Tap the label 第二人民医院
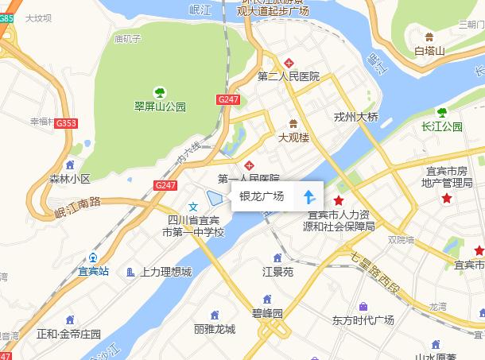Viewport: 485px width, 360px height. pyautogui.click(x=289, y=76)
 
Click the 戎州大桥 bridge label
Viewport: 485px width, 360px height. pyautogui.click(x=356, y=116)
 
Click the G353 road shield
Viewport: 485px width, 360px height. pyautogui.click(x=66, y=123)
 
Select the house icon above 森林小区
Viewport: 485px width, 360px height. pyautogui.click(x=71, y=165)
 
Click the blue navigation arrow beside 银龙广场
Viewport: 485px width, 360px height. pyautogui.click(x=309, y=197)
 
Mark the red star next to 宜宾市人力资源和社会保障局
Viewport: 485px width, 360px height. pyautogui.click(x=339, y=199)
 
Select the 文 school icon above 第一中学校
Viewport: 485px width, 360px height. pyautogui.click(x=192, y=207)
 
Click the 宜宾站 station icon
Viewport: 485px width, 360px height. pyautogui.click(x=93, y=257)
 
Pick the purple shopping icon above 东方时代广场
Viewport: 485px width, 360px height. pyautogui.click(x=363, y=306)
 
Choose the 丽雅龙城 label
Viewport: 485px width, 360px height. pyautogui.click(x=214, y=329)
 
